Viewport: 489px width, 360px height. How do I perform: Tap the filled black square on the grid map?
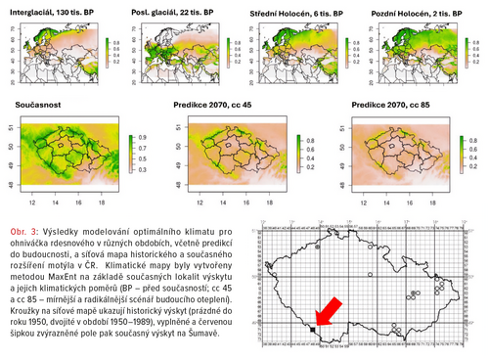pos(312,331)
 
